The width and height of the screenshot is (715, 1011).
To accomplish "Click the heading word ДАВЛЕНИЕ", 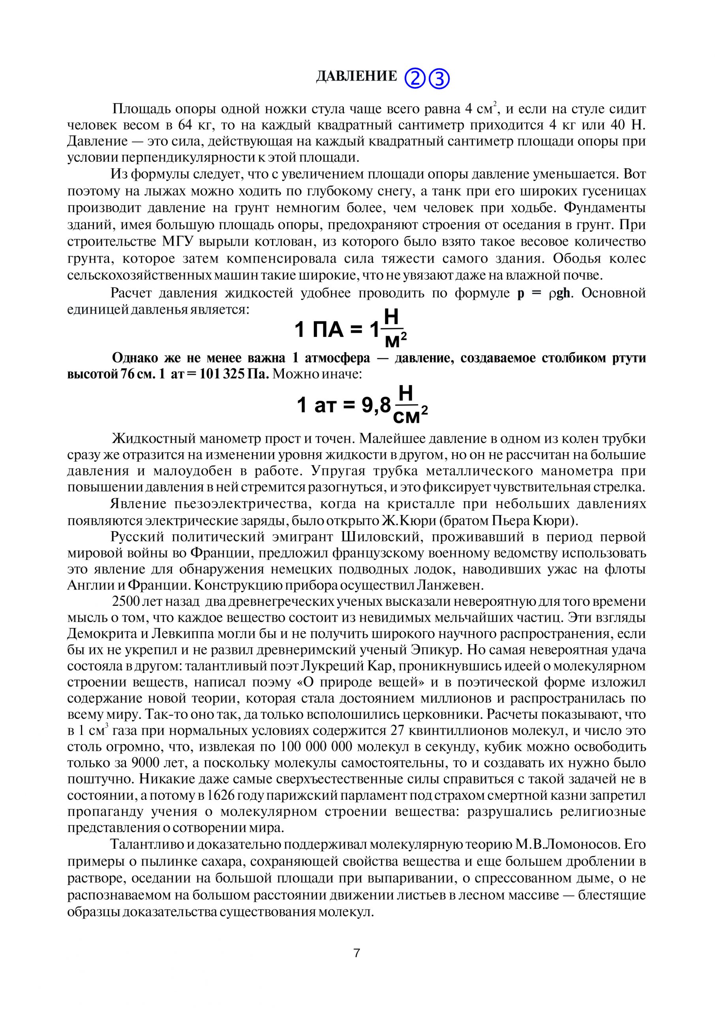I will coord(356,77).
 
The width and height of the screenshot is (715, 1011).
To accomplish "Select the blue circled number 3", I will coord(439,79).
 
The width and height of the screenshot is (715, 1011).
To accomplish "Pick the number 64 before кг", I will coord(185,125).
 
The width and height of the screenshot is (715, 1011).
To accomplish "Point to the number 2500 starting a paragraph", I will coord(128,602).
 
